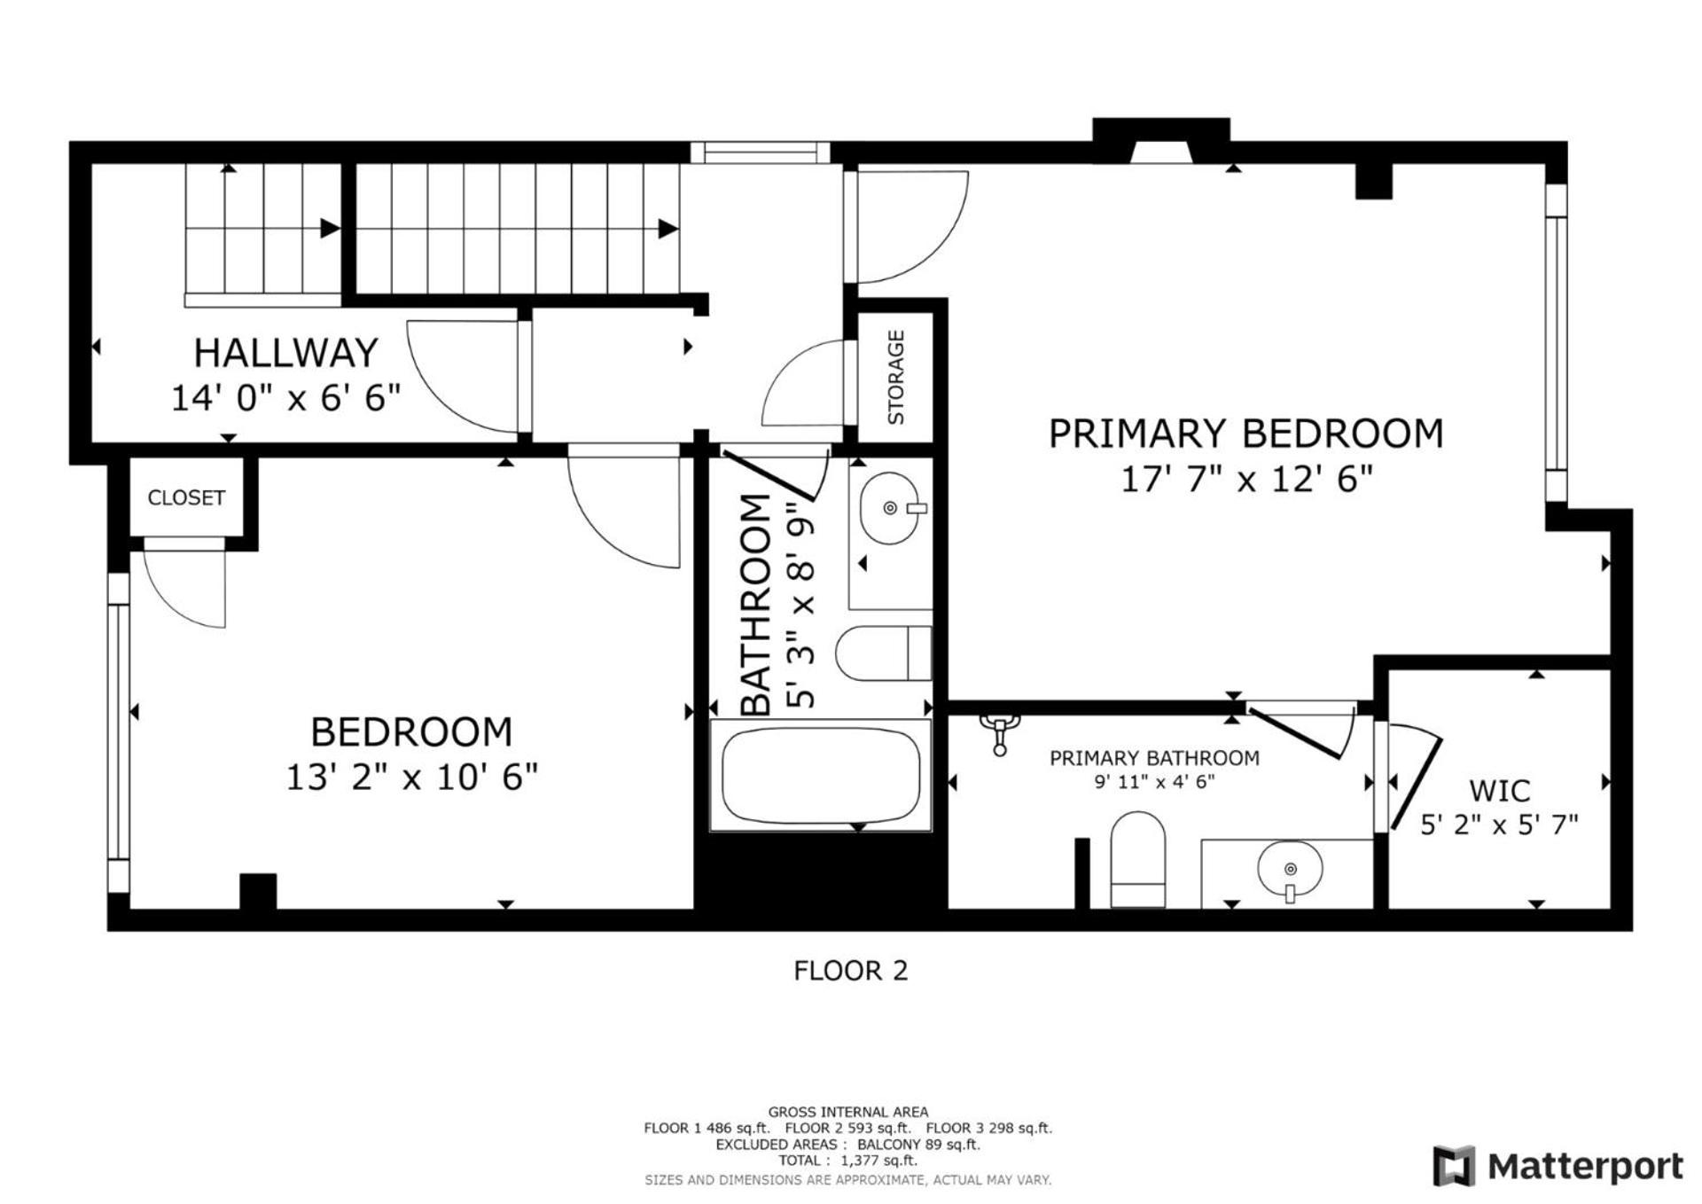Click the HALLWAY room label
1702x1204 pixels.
click(285, 353)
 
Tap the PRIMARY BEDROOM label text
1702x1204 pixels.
click(1246, 434)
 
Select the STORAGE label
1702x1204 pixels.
click(896, 377)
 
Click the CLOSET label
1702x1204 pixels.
click(186, 497)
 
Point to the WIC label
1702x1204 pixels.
click(1500, 790)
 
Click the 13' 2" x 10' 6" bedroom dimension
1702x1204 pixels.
click(411, 778)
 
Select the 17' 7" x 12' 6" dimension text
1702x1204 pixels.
click(1246, 480)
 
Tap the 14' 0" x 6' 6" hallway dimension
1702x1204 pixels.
click(285, 398)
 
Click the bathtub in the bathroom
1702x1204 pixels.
click(820, 776)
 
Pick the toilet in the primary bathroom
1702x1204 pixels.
click(1137, 859)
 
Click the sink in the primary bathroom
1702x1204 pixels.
click(1290, 870)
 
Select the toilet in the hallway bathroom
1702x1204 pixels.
click(884, 653)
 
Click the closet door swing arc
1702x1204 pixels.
click(168, 603)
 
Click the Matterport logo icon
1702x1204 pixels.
click(1454, 1165)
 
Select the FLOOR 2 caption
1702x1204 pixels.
click(850, 971)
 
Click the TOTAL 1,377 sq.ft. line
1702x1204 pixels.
click(847, 1161)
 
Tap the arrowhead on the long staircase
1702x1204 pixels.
click(668, 229)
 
